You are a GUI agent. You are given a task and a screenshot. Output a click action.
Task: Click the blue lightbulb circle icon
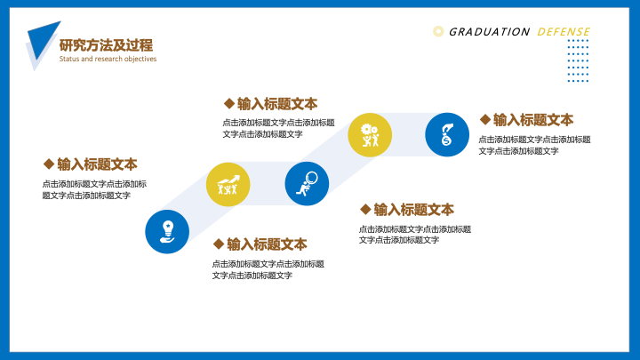(167, 231)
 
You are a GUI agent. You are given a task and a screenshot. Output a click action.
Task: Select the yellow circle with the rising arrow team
(228, 184)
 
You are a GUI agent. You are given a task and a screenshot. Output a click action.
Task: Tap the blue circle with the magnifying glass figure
(307, 184)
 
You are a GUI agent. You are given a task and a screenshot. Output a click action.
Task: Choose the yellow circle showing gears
(370, 135)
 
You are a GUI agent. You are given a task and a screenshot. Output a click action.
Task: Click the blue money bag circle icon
(447, 135)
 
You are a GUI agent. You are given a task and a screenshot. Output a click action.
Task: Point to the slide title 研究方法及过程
(106, 45)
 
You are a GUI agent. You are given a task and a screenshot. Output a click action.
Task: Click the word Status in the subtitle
(69, 59)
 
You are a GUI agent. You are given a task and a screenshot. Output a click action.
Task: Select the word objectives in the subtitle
(140, 59)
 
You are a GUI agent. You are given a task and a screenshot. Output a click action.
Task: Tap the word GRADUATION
(489, 32)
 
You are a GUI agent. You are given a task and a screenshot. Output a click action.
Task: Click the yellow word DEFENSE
(564, 32)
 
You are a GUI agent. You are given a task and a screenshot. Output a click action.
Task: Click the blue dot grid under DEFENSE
(578, 60)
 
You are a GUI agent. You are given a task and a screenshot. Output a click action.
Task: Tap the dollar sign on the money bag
(446, 141)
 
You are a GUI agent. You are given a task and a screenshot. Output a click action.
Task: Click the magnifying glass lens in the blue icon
(311, 178)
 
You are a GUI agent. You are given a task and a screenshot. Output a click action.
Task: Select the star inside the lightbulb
(168, 226)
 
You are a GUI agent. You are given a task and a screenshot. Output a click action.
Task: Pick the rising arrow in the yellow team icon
(228, 180)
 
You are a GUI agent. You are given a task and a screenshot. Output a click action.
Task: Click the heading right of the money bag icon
(533, 120)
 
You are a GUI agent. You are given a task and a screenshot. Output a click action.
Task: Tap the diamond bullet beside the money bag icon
(485, 120)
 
